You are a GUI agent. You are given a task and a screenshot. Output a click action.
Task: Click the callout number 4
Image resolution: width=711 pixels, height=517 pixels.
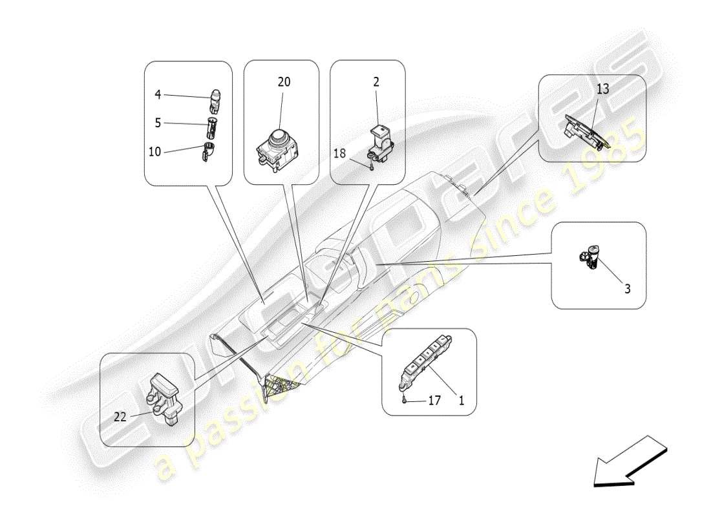click(158, 95)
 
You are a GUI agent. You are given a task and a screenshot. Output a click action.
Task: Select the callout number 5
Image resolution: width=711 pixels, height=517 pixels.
click(158, 122)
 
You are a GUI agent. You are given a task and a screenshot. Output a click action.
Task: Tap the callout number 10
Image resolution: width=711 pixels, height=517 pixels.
click(155, 152)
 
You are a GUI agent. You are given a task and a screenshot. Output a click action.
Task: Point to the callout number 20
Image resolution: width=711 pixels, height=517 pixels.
click(284, 82)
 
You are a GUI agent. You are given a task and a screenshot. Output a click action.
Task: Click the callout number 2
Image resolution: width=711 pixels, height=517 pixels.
click(376, 82)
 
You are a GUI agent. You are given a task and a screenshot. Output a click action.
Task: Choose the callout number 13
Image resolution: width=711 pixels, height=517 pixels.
click(602, 89)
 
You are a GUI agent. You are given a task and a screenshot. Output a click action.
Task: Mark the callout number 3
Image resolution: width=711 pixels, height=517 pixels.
click(626, 289)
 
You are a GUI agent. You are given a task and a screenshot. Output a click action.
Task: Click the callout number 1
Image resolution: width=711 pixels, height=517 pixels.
click(461, 401)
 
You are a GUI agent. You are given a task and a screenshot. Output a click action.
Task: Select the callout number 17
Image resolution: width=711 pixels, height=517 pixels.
click(434, 401)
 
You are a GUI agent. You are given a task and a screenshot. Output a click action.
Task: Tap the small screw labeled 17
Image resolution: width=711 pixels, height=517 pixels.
click(403, 400)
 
